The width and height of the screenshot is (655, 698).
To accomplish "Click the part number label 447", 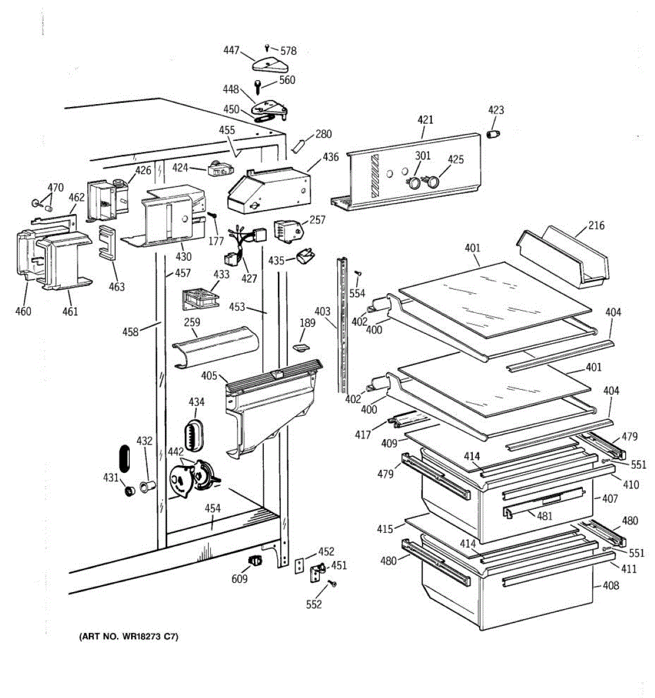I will pyautogui.click(x=231, y=51).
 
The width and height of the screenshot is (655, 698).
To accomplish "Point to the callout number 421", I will pyautogui.click(x=426, y=120).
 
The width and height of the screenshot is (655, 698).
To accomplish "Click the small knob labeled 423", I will pyautogui.click(x=494, y=134).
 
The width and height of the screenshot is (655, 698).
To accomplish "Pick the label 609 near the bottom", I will pyautogui.click(x=239, y=578).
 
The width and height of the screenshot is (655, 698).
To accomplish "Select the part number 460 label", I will pyautogui.click(x=23, y=311).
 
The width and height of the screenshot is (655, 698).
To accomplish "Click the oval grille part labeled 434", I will pyautogui.click(x=193, y=434).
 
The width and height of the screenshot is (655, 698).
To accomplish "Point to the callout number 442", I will pyautogui.click(x=176, y=451).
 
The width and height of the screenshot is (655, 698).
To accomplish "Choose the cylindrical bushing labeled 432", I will pyautogui.click(x=148, y=485).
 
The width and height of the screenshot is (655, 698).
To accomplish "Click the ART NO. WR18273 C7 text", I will pyautogui.click(x=129, y=637).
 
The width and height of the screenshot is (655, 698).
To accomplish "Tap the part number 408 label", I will pyautogui.click(x=611, y=585).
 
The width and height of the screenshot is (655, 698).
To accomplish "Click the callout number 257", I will pyautogui.click(x=317, y=220).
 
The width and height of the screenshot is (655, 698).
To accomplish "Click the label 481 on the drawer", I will pyautogui.click(x=545, y=515).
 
